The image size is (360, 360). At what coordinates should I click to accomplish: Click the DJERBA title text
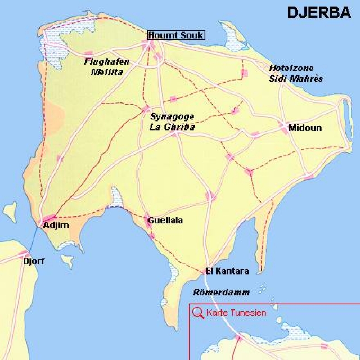tap(318, 12)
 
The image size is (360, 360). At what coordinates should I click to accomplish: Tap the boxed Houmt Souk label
tap(176, 35)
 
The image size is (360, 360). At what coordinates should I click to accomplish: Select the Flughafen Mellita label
tap(103, 67)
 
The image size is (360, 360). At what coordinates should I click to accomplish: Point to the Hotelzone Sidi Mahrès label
tap(296, 73)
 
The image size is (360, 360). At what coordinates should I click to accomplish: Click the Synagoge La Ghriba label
tap(172, 122)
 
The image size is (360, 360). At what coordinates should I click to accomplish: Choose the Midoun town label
tap(305, 128)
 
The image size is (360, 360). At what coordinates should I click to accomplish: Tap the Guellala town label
tap(165, 220)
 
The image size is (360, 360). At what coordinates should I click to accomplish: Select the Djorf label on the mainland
tap(33, 261)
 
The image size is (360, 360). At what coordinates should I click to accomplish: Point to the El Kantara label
tap(227, 271)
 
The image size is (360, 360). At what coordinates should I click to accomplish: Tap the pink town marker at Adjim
tap(49, 218)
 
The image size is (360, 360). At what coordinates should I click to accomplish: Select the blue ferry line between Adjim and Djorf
tap(33, 239)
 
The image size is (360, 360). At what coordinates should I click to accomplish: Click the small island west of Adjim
tap(11, 212)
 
